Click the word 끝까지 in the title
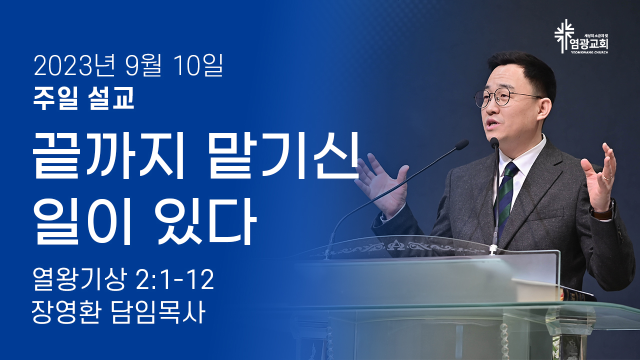pos(107,155)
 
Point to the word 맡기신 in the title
pos(283,155)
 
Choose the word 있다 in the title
pos(205,221)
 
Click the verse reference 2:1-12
pos(175,279)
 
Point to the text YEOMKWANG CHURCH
pos(589,52)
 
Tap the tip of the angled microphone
pos(461,144)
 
